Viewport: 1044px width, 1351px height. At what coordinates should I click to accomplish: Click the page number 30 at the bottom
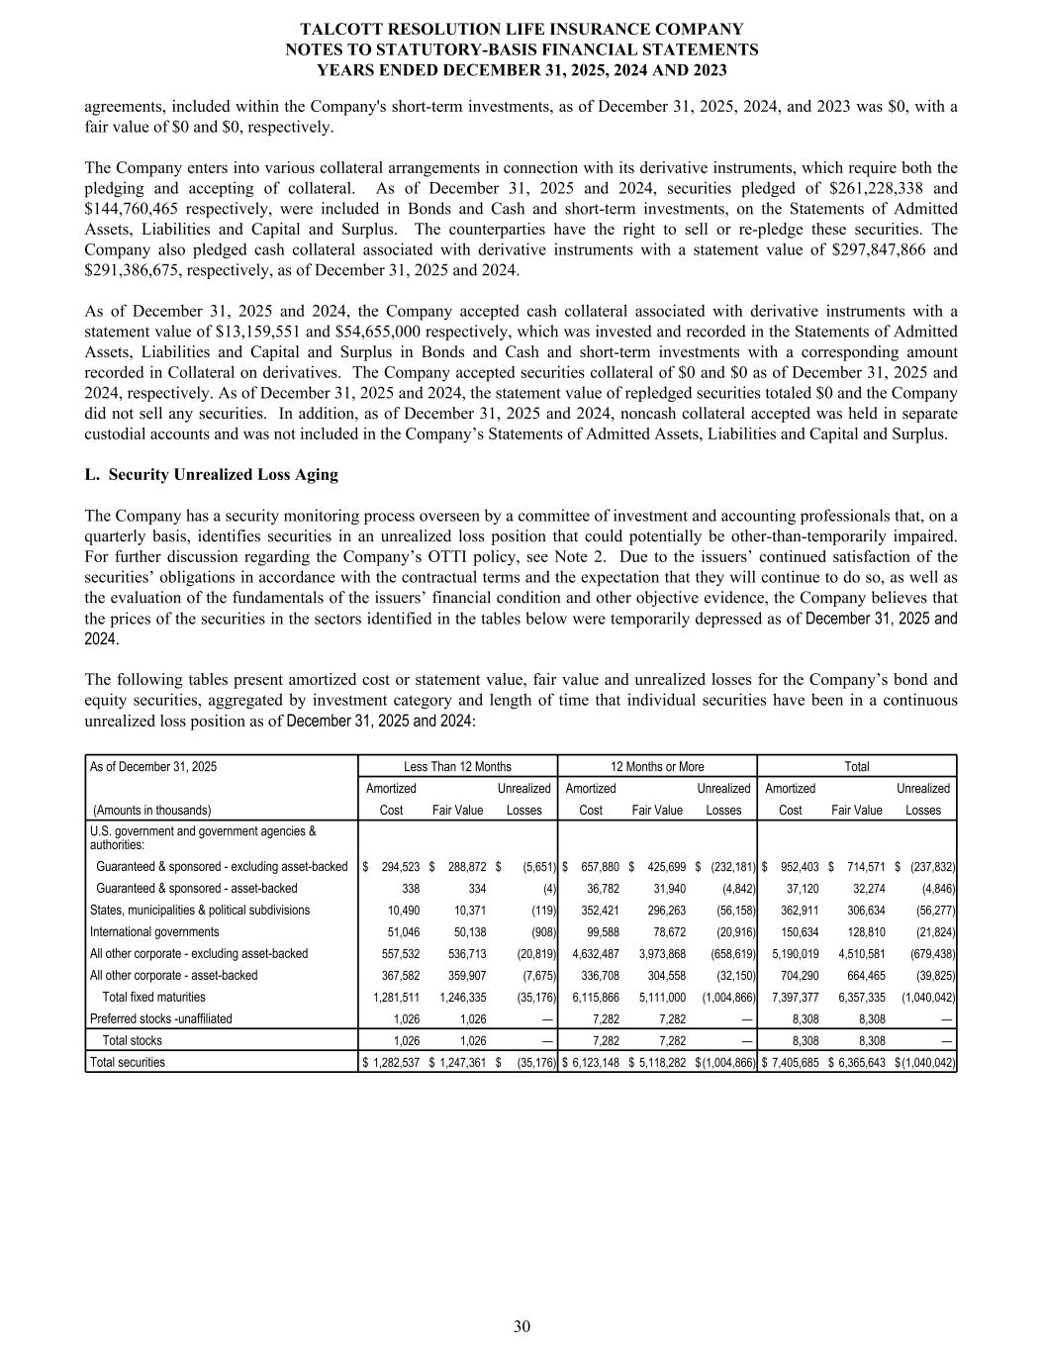[522, 1327]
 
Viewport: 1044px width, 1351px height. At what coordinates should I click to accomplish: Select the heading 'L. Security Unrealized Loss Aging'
[212, 475]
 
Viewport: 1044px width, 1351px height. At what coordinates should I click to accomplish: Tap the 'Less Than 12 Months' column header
[457, 767]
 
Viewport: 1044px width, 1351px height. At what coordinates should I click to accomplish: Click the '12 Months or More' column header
[657, 767]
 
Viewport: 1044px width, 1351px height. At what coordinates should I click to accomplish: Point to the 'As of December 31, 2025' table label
[153, 767]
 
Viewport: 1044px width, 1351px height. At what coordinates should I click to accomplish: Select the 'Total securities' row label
[128, 1063]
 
